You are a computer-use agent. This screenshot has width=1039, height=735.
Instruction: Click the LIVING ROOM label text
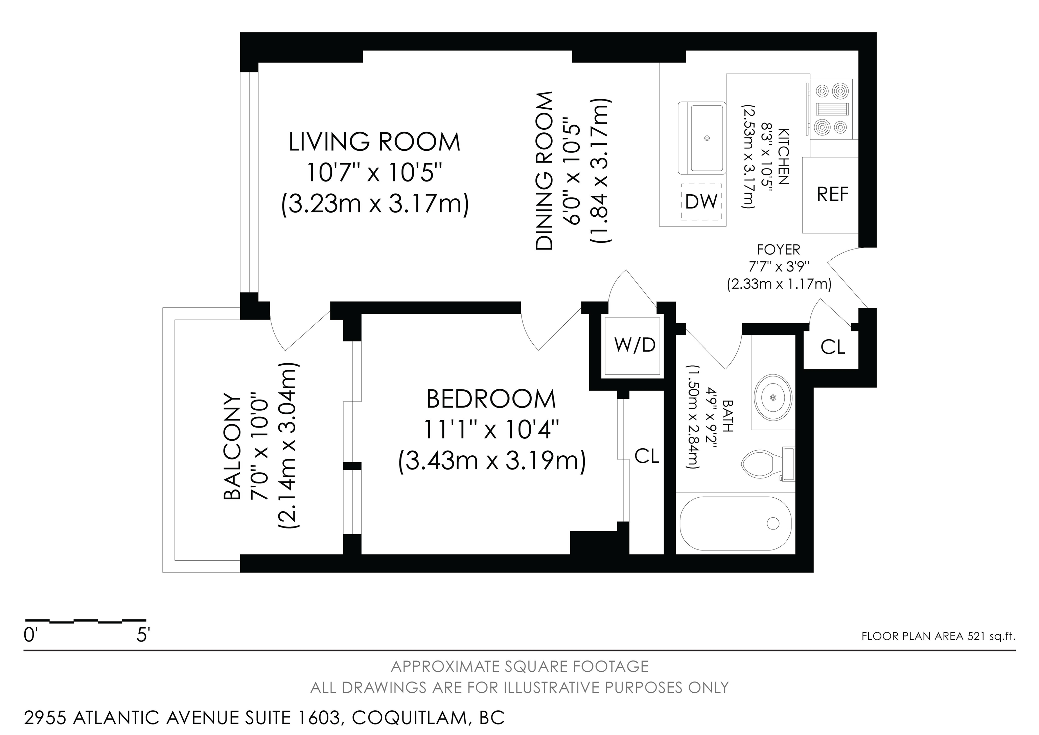click(374, 142)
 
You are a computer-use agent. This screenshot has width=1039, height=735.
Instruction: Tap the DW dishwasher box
click(701, 201)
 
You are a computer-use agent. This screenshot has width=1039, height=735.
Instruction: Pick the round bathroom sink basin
click(773, 397)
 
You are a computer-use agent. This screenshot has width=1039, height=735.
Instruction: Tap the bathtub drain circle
click(773, 523)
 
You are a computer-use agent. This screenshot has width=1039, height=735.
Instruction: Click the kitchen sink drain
click(707, 138)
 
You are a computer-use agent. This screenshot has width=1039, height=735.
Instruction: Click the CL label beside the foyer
click(833, 347)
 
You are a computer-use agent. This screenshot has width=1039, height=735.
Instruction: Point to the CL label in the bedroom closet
click(647, 456)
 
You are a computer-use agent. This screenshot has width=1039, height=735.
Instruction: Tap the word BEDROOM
click(491, 399)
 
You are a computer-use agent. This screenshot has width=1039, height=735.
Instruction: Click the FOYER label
click(778, 249)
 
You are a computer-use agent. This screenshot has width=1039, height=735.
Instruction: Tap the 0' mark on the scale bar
click(29, 636)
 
